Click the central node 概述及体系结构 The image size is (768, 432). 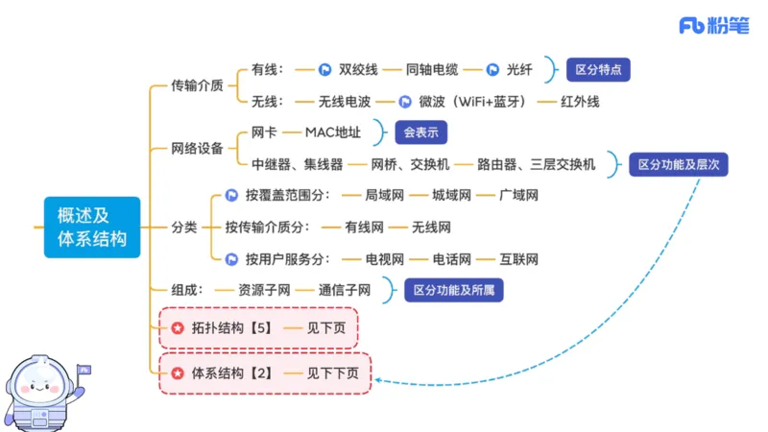(91, 228)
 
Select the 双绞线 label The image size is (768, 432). (360, 69)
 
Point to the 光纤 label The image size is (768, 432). (522, 69)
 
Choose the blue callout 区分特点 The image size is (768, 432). (597, 69)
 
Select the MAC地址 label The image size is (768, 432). (331, 132)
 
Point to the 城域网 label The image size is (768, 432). (451, 195)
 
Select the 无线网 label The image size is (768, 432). (431, 228)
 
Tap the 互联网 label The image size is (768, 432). (518, 259)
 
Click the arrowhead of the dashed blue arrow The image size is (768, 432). (378, 381)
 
